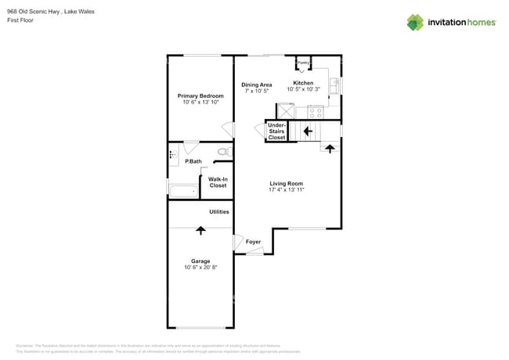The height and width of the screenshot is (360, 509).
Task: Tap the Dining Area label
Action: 256,85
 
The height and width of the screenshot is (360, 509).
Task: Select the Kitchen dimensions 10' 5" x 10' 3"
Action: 303,91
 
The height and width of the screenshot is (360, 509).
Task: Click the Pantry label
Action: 303,63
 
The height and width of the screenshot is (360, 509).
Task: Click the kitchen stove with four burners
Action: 316,111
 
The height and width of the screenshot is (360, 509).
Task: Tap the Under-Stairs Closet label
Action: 276,131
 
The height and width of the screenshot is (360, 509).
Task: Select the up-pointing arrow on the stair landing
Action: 329,147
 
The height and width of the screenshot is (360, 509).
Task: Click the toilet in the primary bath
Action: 223,151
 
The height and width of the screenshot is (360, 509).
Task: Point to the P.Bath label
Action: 193,161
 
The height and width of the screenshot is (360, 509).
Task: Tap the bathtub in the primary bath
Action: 185,190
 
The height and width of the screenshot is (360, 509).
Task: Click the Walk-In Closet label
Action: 218,182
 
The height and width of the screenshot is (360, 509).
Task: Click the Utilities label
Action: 218,212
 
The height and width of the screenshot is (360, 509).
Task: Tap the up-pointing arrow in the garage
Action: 200,230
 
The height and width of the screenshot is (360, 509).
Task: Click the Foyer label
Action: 253,242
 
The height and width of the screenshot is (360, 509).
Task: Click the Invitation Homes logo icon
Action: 414,22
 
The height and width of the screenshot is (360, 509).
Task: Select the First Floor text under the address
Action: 21,20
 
